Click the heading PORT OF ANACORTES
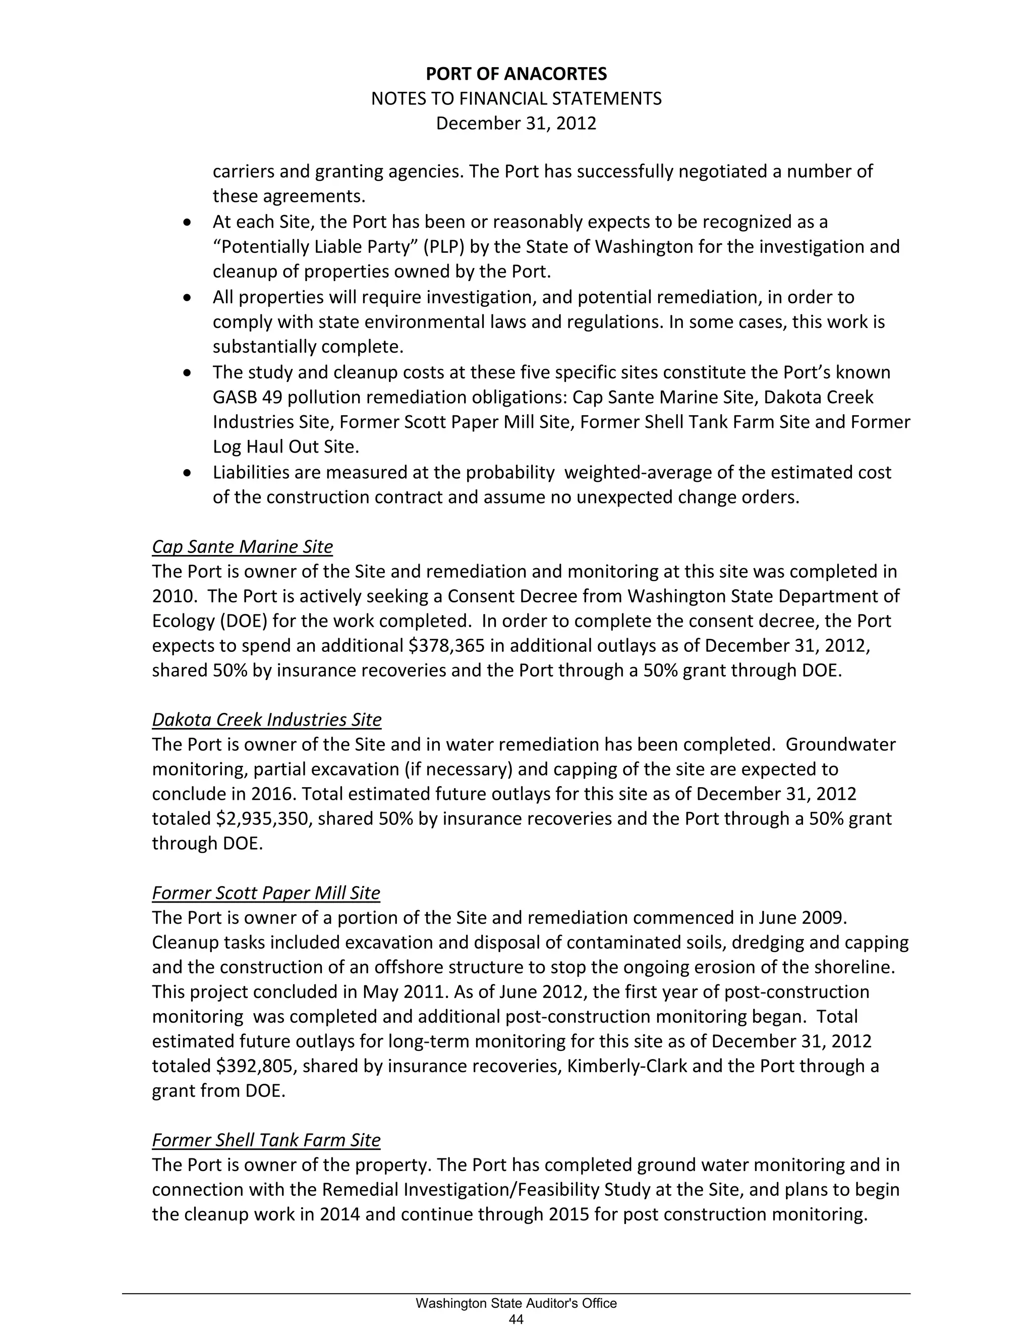[516, 74]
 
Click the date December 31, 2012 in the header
[516, 124]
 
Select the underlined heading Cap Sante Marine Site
[242, 547]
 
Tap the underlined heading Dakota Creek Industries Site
[266, 719]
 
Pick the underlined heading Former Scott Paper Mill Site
[266, 893]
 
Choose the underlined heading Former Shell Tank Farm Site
[266, 1140]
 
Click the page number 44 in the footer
[516, 1320]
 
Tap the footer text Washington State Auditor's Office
[516, 1304]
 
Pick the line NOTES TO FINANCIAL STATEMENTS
[516, 99]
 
